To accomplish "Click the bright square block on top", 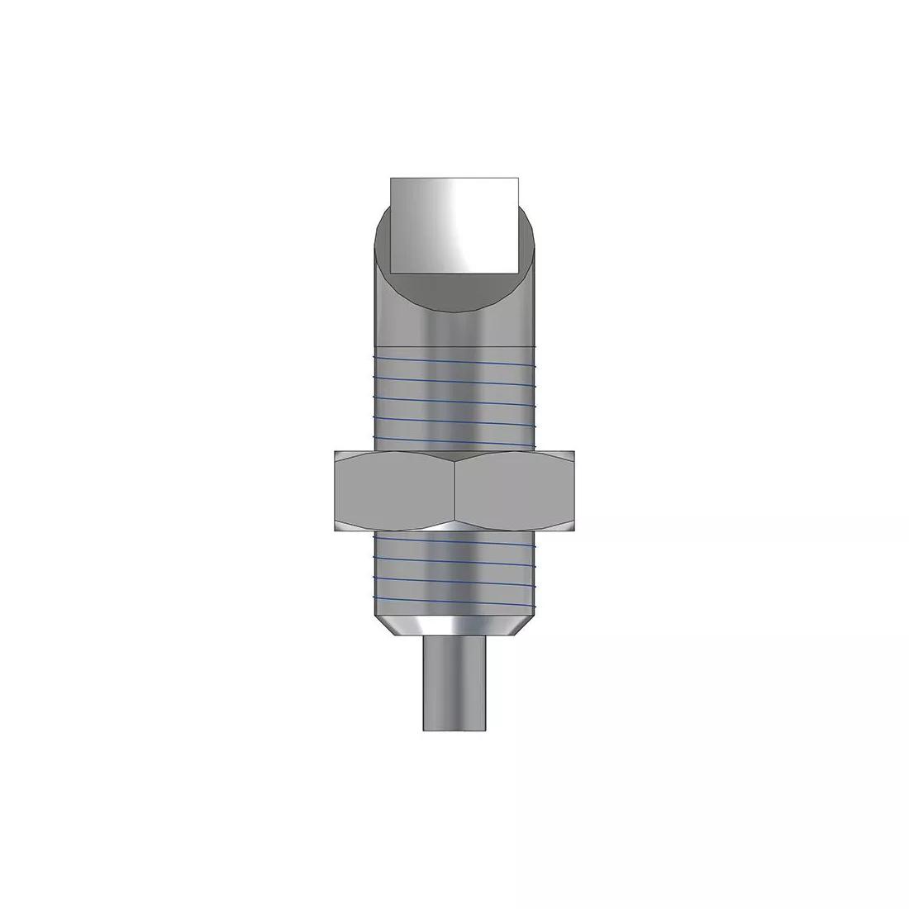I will [454, 224].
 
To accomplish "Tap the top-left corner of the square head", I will [390, 178].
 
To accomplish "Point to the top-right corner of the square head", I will [518, 178].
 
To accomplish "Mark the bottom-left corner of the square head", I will [390, 272].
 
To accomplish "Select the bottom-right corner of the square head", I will [518, 272].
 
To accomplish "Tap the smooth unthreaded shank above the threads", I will [454, 326].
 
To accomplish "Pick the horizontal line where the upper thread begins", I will [454, 344].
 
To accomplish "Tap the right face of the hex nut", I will [514, 490].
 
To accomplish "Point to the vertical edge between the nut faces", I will [454, 490].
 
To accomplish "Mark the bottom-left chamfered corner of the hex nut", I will [337, 527].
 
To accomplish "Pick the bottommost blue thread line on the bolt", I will [454, 597].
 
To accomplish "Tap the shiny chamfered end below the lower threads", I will [454, 625].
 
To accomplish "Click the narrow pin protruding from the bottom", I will [454, 682].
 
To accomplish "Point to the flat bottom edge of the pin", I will [454, 730].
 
